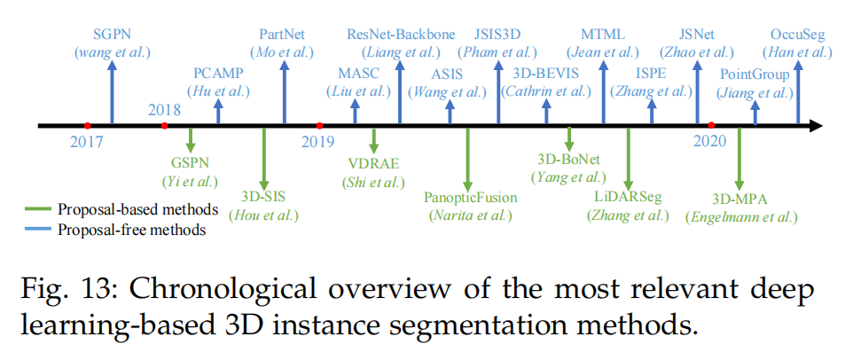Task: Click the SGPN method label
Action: point(113,34)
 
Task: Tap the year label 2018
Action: point(165,110)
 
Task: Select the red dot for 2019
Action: point(320,126)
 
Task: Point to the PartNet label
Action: point(283,34)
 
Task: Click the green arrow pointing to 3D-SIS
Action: point(264,154)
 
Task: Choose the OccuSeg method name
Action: point(795,34)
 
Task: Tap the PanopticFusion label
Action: point(467,196)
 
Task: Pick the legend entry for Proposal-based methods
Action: point(137,210)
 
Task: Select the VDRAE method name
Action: point(373,162)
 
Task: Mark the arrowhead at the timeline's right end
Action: point(814,126)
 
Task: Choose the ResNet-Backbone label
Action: point(401,34)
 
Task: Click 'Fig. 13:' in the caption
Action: point(61,288)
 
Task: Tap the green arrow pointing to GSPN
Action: point(191,140)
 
